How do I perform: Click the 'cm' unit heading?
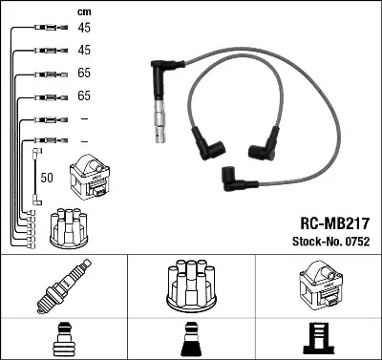click(x=84, y=12)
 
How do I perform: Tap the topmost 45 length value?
click(x=84, y=28)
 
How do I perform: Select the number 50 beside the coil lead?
click(x=47, y=178)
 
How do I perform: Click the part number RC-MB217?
click(x=335, y=223)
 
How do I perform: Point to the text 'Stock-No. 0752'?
click(x=331, y=242)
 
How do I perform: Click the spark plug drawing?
click(x=64, y=286)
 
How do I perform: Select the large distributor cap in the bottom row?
click(x=191, y=286)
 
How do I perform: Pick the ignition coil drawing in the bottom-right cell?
click(x=320, y=284)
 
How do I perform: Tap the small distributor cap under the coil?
click(x=69, y=228)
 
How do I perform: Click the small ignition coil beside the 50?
click(x=90, y=177)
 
